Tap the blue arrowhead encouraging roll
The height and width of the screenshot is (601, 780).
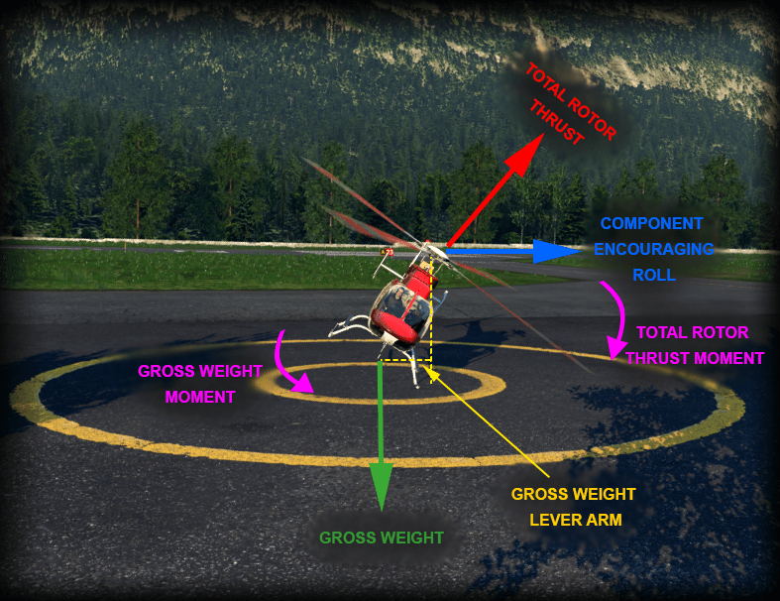pyautogui.click(x=547, y=252)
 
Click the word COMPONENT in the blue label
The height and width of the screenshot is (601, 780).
pyautogui.click(x=651, y=224)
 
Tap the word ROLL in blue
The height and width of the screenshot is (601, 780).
pyautogui.click(x=653, y=275)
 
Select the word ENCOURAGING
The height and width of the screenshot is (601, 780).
pyautogui.click(x=653, y=249)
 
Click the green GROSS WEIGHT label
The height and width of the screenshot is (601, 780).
pyautogui.click(x=381, y=538)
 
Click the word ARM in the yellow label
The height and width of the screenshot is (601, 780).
pyautogui.click(x=603, y=518)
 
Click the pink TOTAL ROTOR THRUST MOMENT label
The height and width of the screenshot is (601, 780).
pyautogui.click(x=693, y=345)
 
